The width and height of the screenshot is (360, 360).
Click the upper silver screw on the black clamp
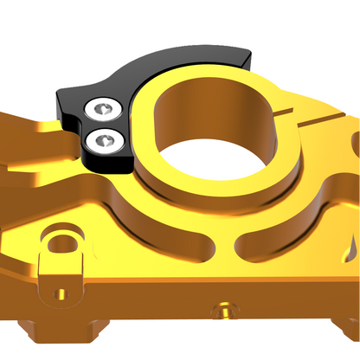point(103,109)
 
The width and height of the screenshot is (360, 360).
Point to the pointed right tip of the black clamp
point(248,55)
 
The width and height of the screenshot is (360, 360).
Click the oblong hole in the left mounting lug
point(60,242)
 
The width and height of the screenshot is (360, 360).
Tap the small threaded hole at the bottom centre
point(227,307)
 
